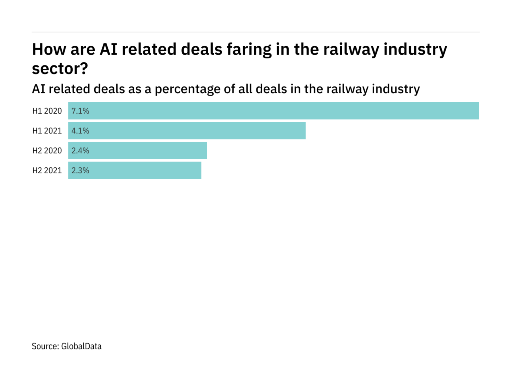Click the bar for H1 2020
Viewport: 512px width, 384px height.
pyautogui.click(x=274, y=111)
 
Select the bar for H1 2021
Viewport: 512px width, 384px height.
pyautogui.click(x=187, y=131)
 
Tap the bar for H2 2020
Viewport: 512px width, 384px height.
pyautogui.click(x=138, y=150)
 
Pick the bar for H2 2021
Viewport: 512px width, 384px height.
pyautogui.click(x=135, y=170)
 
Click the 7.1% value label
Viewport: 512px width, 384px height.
pyautogui.click(x=81, y=111)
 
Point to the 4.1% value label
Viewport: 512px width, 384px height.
pyautogui.click(x=81, y=131)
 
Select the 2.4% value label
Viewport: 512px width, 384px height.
pyautogui.click(x=81, y=150)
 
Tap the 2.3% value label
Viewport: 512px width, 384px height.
pyautogui.click(x=81, y=170)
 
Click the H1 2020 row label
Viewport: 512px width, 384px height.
pyautogui.click(x=47, y=111)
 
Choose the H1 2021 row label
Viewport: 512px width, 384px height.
pyautogui.click(x=47, y=131)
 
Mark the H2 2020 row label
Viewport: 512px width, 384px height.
pyautogui.click(x=47, y=150)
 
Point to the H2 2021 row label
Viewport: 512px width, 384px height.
pyautogui.click(x=47, y=170)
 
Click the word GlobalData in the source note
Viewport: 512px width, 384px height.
pyautogui.click(x=81, y=346)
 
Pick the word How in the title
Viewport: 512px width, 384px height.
pyautogui.click(x=48, y=50)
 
